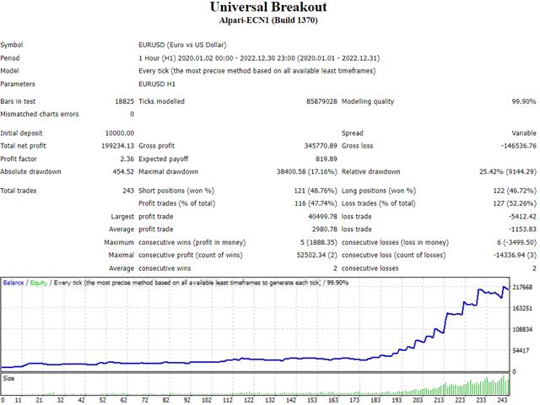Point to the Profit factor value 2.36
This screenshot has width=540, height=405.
126,159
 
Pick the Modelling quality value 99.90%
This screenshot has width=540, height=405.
520,101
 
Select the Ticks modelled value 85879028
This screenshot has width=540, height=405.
321,101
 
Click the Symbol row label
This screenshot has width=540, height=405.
13,45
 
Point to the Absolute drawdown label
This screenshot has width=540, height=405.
30,171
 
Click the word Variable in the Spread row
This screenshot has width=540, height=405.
522,133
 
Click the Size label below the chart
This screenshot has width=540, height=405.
8,379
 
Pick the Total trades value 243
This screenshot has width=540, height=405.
127,191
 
